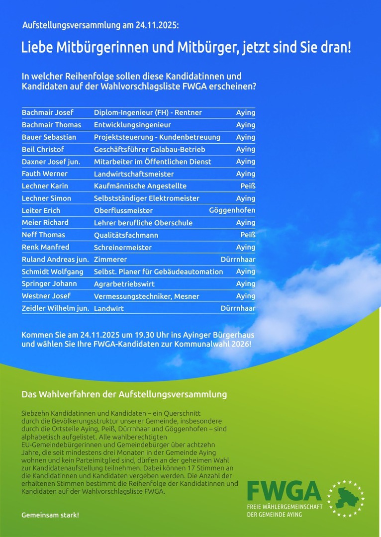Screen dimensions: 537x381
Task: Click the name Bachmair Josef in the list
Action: [x=47, y=112]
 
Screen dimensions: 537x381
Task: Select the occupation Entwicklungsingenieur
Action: [x=132, y=125]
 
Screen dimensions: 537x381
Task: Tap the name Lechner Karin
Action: [x=45, y=186]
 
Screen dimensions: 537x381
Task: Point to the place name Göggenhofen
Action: [x=232, y=210]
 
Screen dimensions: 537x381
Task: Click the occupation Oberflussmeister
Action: [x=123, y=210]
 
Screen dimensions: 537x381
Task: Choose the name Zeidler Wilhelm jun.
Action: [x=55, y=308]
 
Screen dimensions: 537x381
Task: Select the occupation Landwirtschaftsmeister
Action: [x=134, y=174]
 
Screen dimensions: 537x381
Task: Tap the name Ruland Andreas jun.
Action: [x=55, y=259]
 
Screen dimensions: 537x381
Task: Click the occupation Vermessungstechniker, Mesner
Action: [x=146, y=296]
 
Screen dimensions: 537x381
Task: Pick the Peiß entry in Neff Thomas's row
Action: [x=248, y=235]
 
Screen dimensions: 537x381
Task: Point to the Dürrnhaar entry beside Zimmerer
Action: [x=238, y=259]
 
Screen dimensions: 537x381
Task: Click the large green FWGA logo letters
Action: [x=284, y=491]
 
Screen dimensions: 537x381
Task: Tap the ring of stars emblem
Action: [x=346, y=498]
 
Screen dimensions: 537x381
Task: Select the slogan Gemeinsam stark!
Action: [x=50, y=515]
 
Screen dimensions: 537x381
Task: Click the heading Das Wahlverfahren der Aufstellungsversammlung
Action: [x=124, y=394]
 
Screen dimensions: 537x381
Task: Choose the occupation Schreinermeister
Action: [x=123, y=247]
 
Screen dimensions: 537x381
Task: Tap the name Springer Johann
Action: [x=49, y=283]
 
